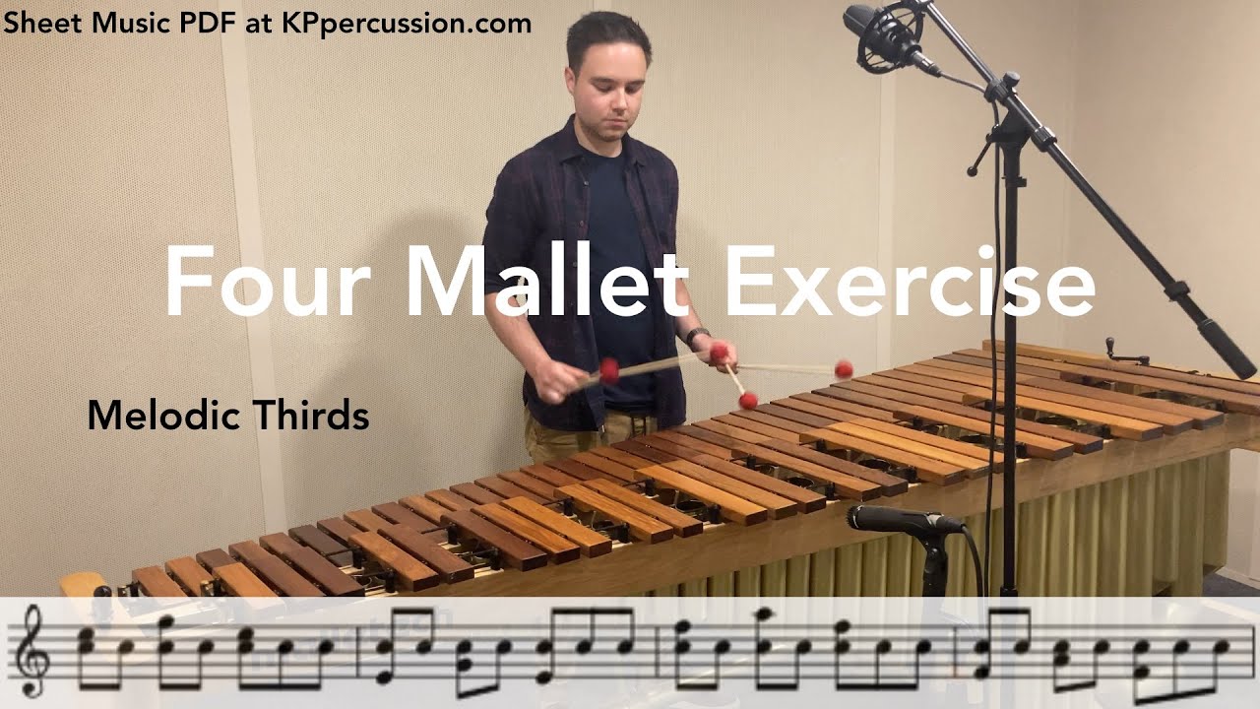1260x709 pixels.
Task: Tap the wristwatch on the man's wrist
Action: point(697,336)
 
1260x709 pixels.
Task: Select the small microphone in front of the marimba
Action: point(901,519)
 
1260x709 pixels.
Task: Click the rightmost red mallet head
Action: point(844,369)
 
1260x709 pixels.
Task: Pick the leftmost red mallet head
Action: point(609,370)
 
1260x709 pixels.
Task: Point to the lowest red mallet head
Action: point(748,400)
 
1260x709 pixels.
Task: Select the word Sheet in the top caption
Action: point(34,23)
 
